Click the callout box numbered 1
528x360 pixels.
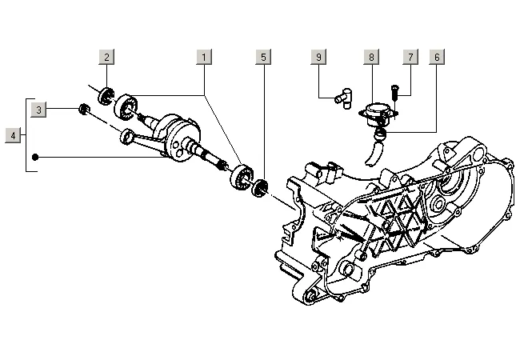coord(204,57)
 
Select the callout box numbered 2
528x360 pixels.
coord(106,57)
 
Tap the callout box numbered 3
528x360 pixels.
coord(38,110)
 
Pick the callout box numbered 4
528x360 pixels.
coord(13,135)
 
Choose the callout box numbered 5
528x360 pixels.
coord(263,57)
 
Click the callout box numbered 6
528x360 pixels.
coord(437,57)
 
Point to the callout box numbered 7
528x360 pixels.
coord(410,57)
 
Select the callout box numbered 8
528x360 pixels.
coord(371,57)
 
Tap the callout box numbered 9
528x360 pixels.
coord(318,57)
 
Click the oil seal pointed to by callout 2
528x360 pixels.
coord(106,96)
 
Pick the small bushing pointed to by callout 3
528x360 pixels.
coord(84,110)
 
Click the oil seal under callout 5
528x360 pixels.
coord(260,189)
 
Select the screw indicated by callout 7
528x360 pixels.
coord(395,92)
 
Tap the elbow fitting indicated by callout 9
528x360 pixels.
coord(343,98)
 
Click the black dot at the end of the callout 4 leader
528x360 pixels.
coord(35,157)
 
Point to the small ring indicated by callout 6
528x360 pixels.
coord(381,134)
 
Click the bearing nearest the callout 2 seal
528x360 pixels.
coord(126,107)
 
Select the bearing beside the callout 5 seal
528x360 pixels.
coord(242,178)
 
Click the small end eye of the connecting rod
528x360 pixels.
coord(127,136)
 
